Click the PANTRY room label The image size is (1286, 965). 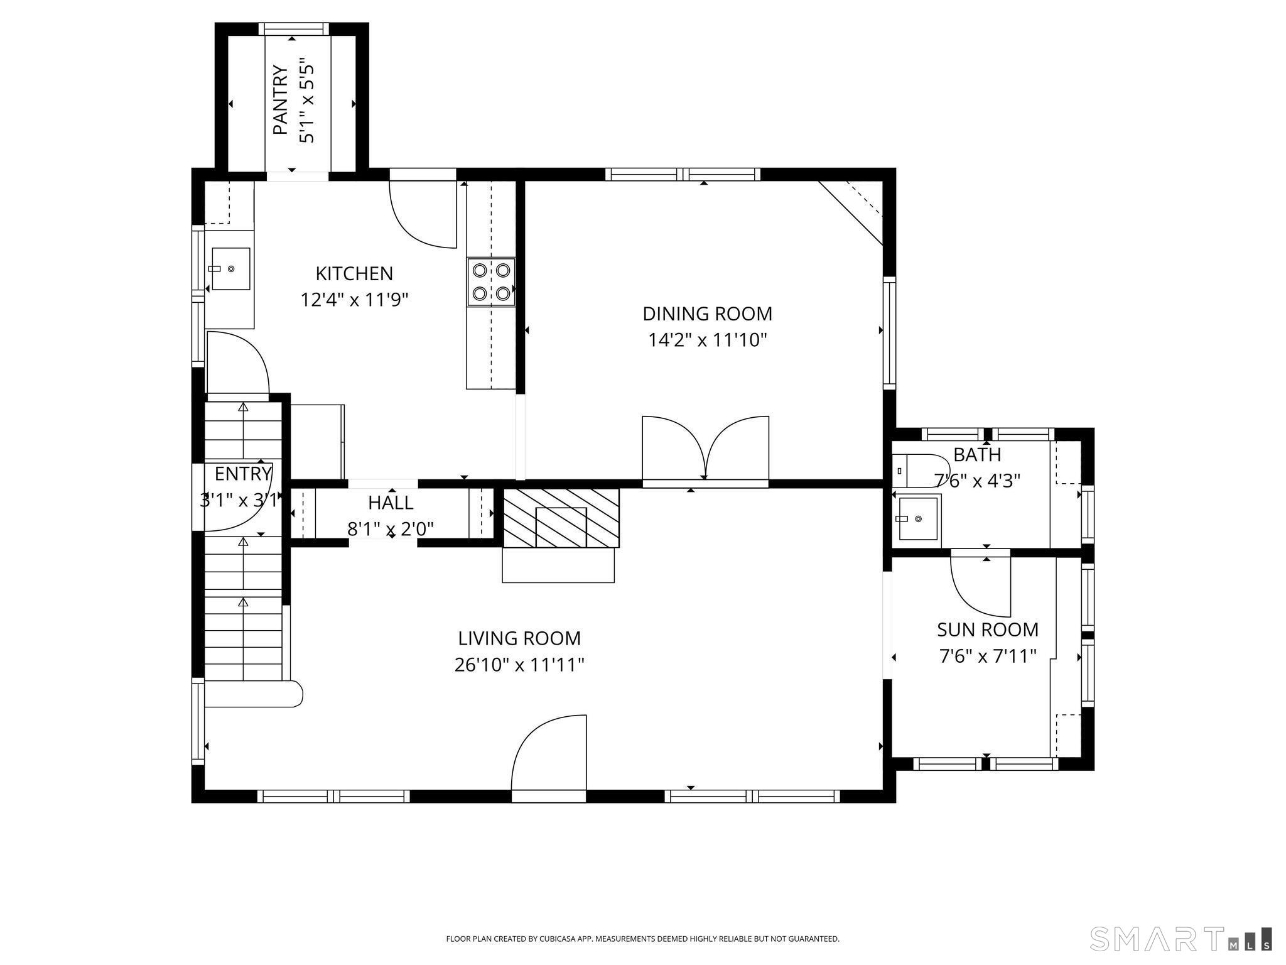tap(280, 101)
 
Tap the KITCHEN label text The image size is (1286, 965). tap(354, 274)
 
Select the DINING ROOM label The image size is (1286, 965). tap(707, 313)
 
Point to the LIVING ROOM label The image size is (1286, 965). tap(519, 638)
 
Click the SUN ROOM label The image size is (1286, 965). tap(988, 630)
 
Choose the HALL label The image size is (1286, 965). tap(391, 503)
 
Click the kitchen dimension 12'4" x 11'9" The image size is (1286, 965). tap(355, 300)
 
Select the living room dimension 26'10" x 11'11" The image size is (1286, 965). tap(519, 665)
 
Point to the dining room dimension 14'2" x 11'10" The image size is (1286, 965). tap(708, 340)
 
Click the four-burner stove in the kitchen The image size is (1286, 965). tap(491, 282)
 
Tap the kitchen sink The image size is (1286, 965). tap(230, 269)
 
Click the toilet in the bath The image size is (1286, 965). tap(921, 471)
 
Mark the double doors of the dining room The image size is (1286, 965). tap(706, 449)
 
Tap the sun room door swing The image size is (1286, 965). tap(980, 586)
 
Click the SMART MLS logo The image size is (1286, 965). tap(1181, 938)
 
